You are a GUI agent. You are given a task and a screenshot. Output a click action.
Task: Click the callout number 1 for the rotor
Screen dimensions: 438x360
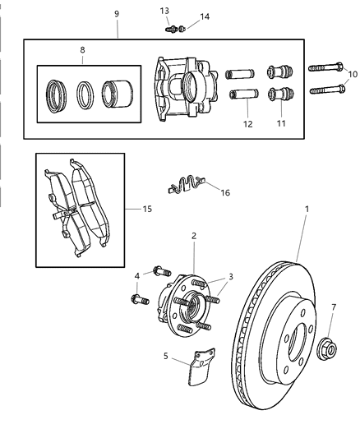(307, 210)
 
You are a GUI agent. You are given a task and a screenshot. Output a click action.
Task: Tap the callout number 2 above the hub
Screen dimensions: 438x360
(193, 236)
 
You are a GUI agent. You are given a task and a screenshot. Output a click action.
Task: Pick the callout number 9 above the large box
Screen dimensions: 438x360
(117, 13)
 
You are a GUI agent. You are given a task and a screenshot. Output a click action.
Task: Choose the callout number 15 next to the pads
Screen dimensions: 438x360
(147, 209)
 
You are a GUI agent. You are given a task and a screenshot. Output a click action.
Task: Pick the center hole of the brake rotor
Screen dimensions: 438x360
(294, 338)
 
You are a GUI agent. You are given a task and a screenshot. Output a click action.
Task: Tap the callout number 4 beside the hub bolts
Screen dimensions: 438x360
(138, 277)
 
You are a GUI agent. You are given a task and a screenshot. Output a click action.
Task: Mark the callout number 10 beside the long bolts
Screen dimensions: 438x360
(353, 74)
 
